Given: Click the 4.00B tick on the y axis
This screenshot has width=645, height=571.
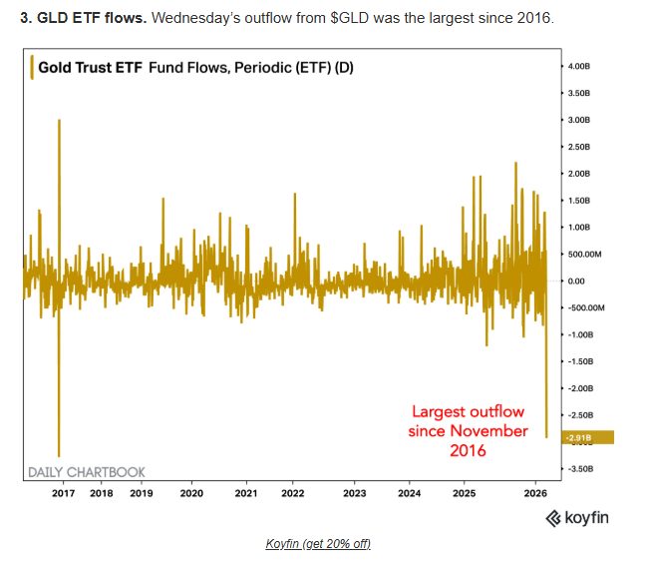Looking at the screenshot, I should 581,66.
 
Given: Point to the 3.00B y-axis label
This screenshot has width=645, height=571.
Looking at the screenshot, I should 581,120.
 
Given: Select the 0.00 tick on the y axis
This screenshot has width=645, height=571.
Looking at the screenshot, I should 577,281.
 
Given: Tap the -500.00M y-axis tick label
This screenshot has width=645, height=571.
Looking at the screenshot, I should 586,307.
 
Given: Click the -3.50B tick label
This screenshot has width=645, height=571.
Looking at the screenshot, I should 582,468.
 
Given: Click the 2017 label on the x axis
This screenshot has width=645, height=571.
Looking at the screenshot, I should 63,493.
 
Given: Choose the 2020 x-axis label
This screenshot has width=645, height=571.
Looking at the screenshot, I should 191,493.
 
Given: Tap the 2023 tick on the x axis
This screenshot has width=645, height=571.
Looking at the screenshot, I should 354,493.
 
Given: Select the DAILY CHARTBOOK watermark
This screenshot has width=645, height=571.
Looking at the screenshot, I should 86,471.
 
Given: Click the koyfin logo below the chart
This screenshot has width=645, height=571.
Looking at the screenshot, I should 577,517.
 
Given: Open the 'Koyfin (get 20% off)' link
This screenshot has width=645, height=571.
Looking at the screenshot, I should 318,543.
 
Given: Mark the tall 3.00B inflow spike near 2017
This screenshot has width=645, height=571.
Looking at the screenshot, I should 60,121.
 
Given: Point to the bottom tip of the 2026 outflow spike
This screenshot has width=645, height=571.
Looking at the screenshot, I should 546,436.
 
